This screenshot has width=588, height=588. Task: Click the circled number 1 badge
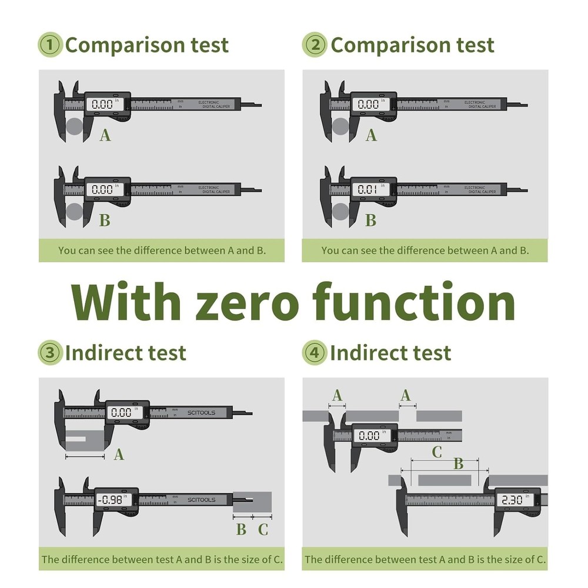click(50, 45)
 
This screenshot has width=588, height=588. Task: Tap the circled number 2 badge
click(315, 45)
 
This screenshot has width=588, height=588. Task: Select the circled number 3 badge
click(50, 353)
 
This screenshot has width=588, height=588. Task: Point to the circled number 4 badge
click(315, 353)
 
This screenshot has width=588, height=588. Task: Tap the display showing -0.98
click(112, 500)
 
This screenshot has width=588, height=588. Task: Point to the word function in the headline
click(414, 302)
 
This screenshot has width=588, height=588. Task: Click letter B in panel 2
click(370, 220)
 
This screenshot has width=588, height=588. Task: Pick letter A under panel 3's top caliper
click(119, 454)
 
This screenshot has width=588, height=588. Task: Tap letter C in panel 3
click(263, 529)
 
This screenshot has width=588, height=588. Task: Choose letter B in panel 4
click(458, 464)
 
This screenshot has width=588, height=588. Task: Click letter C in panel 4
click(436, 452)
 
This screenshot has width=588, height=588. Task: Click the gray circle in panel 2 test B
click(340, 212)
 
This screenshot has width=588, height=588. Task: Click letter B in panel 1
click(105, 220)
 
